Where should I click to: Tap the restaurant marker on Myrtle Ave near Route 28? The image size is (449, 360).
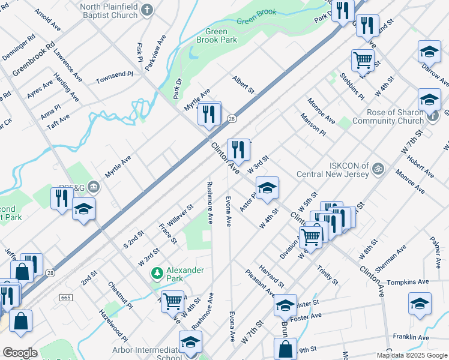pyautogui.click(x=209, y=113)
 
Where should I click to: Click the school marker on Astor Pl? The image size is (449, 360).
pyautogui.click(x=268, y=188)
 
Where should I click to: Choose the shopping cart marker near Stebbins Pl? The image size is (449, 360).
pyautogui.click(x=363, y=60)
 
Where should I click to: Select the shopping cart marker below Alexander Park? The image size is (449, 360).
pyautogui.click(x=172, y=301)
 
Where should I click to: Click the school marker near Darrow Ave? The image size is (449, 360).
pyautogui.click(x=429, y=52)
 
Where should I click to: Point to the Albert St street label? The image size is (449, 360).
pyautogui.click(x=244, y=85)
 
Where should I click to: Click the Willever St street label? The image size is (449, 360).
pyautogui.click(x=176, y=214)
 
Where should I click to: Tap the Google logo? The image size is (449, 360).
pyautogui.click(x=20, y=353)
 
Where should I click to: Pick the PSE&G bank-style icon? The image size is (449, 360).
pyautogui.click(x=93, y=187)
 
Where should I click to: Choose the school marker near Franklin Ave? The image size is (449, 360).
pyautogui.click(x=420, y=304)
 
